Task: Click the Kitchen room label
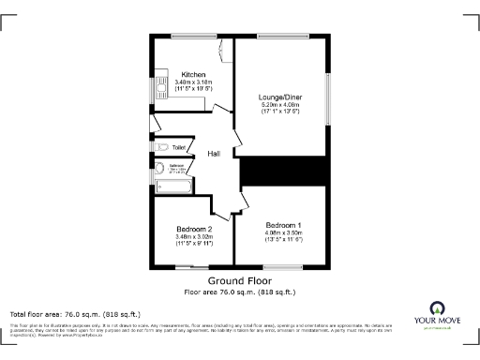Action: click(193, 75)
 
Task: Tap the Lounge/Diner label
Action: click(280, 96)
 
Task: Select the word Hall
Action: click(214, 154)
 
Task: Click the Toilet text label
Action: click(179, 147)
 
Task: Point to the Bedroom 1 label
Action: click(282, 225)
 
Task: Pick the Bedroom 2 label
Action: click(194, 230)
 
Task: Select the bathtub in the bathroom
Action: click(175, 187)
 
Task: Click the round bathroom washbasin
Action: click(159, 170)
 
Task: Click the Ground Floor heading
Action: click(239, 280)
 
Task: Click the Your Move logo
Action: click(436, 314)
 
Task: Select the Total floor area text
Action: click(75, 313)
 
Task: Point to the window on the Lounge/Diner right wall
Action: click(328, 97)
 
